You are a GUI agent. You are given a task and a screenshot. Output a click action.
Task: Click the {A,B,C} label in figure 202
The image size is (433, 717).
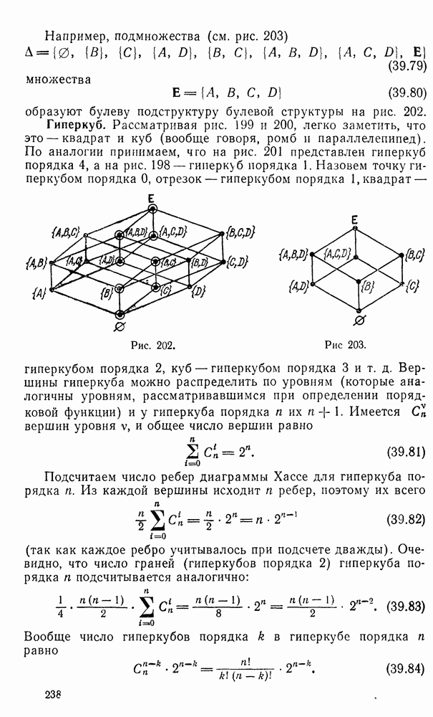64,232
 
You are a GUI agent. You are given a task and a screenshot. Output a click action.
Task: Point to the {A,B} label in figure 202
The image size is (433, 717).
38,265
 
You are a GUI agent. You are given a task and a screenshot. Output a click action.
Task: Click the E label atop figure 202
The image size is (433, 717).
152,198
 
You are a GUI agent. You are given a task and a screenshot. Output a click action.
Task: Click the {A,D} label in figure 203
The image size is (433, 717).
299,286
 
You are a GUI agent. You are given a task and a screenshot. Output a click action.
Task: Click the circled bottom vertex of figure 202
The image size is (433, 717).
120,313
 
